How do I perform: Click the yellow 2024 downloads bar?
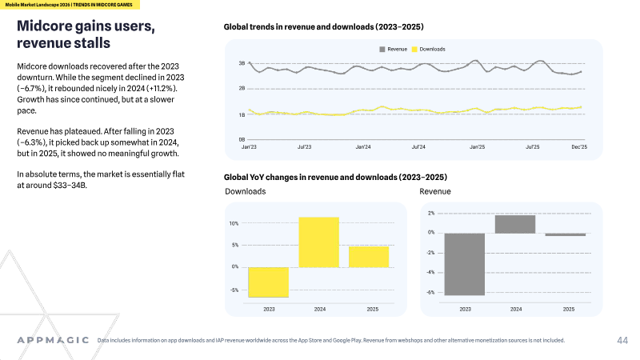point(318,242)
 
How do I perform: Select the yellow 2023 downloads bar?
point(268,282)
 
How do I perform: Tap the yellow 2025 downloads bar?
point(369,257)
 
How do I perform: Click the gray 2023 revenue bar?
point(465,264)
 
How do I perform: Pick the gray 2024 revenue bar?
point(515,224)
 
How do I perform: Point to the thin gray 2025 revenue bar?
point(566,234)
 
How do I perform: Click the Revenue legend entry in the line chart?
point(393,49)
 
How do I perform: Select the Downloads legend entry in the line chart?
point(428,49)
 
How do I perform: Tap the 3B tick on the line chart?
point(242,63)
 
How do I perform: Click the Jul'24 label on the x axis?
point(418,147)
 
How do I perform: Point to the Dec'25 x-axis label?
point(579,147)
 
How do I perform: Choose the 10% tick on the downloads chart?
point(234,223)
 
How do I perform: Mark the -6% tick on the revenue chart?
point(430,292)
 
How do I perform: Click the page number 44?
point(622,341)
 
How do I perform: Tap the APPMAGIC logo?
point(53,340)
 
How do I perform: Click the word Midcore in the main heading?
point(45,26)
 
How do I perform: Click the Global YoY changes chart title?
point(335,177)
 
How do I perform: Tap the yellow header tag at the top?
point(70,5)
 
